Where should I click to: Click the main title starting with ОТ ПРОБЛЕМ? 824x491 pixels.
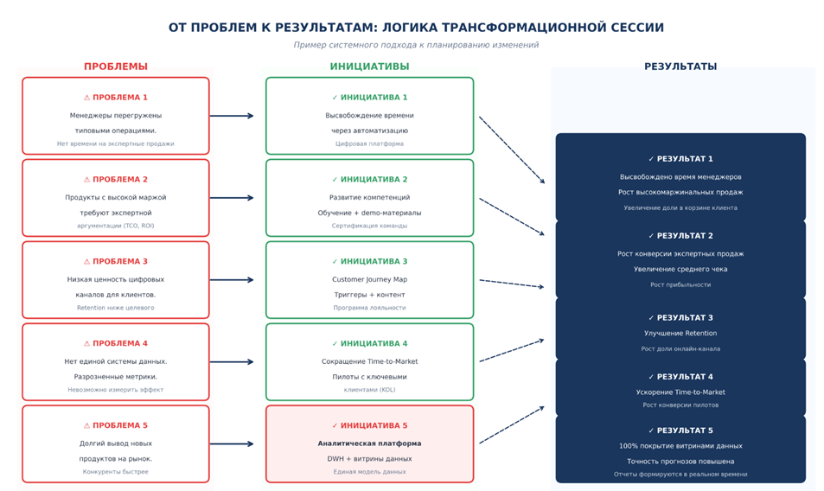[416, 28]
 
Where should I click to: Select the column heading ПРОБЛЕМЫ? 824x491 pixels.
[115, 67]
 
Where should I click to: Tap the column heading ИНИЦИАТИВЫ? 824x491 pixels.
[369, 67]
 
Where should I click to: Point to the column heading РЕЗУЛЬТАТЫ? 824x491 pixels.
[680, 67]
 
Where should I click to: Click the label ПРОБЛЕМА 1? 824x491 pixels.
[120, 98]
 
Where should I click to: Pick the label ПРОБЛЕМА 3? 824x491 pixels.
[120, 262]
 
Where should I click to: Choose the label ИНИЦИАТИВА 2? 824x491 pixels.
[374, 180]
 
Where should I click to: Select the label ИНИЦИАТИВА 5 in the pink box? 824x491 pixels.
[374, 426]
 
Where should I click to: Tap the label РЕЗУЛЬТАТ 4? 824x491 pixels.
[685, 377]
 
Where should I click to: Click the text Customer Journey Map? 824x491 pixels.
[369, 280]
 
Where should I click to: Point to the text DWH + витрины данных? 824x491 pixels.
[369, 459]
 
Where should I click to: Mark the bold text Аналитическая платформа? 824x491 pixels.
[369, 443]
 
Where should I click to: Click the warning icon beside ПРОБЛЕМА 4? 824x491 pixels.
[86, 344]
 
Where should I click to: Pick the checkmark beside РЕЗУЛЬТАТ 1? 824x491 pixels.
[651, 159]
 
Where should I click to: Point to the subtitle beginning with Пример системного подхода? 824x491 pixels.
[416, 45]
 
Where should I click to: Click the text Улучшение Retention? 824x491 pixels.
[680, 334]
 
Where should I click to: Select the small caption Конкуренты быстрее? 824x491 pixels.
[115, 472]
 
